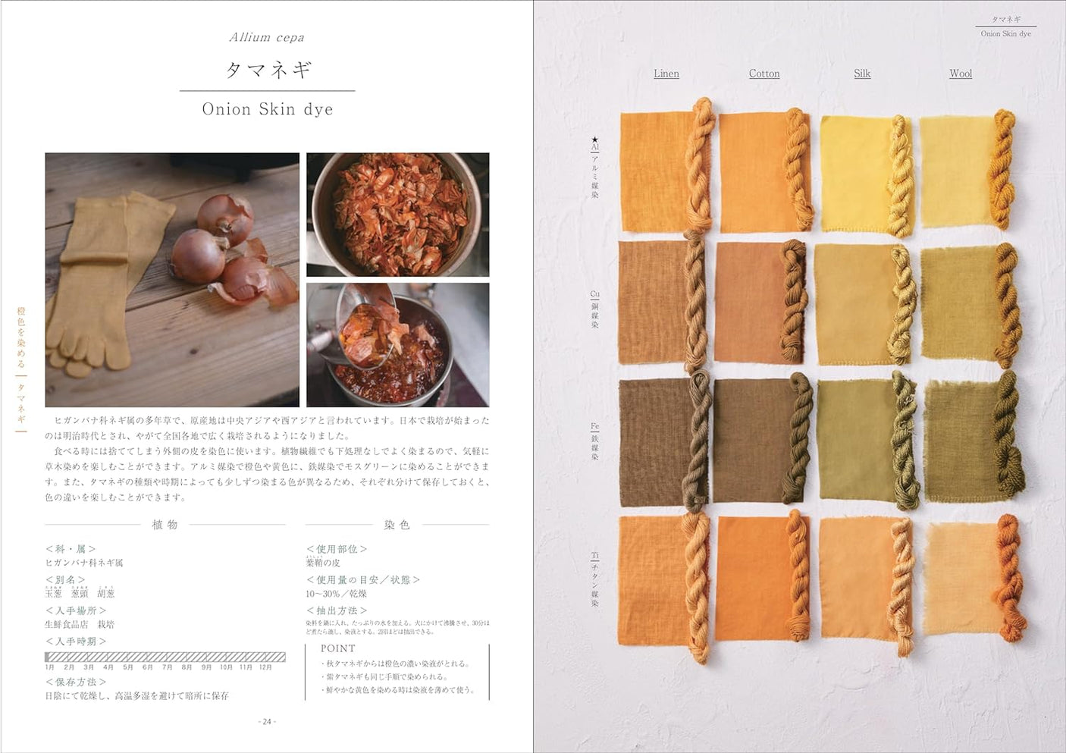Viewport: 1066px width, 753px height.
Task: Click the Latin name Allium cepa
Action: pos(267,37)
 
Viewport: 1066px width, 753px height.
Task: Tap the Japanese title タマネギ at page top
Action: pos(268,70)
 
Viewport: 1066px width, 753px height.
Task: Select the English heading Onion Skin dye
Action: pos(268,109)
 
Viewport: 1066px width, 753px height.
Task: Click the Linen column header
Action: pos(666,74)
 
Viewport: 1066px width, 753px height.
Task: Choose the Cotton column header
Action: pos(764,74)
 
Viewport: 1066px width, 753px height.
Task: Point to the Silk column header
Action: pos(862,74)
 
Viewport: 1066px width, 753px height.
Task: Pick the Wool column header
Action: pos(961,74)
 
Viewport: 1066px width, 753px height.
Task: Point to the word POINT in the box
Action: pos(337,648)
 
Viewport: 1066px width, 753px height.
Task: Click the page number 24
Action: pos(267,721)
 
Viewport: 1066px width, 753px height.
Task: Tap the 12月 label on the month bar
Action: pos(265,667)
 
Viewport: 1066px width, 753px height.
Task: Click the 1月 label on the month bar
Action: pos(50,667)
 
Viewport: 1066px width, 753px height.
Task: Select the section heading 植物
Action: pos(165,525)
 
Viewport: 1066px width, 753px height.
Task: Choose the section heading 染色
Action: pos(397,525)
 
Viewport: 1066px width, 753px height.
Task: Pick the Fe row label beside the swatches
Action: pos(595,428)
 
